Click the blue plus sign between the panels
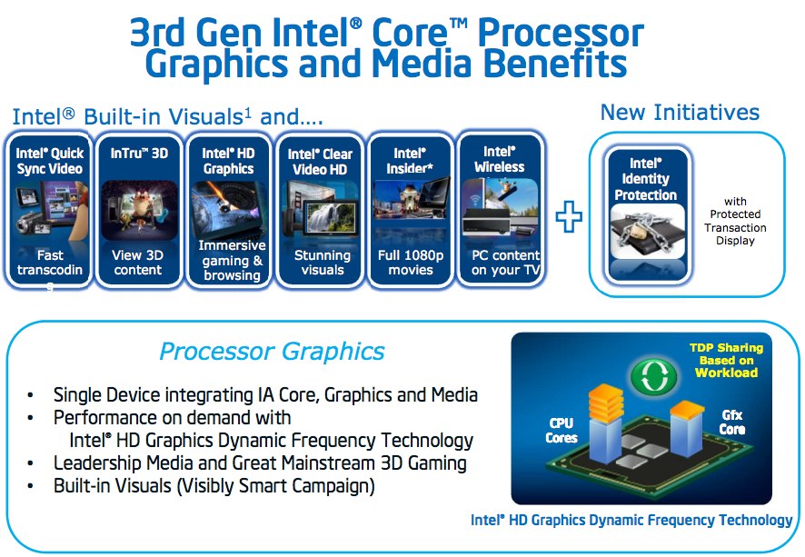tap(569, 216)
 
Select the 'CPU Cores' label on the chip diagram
tap(562, 430)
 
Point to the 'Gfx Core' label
tap(732, 422)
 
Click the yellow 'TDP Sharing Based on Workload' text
tap(727, 360)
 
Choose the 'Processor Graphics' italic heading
tap(272, 352)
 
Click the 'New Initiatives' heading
tap(680, 113)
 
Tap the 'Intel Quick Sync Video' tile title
tap(50, 161)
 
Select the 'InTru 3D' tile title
tap(139, 153)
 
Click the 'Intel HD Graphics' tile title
tap(228, 161)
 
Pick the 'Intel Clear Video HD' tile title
tap(320, 161)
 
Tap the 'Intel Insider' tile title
tap(410, 161)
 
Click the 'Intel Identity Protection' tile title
tap(646, 179)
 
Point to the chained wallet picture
tap(648, 232)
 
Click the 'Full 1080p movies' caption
tap(411, 263)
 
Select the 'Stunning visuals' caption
tap(323, 263)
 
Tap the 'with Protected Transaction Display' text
tap(735, 221)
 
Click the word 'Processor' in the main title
tap(561, 33)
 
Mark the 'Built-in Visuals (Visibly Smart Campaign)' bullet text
tap(214, 485)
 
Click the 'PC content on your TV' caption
tap(506, 263)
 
